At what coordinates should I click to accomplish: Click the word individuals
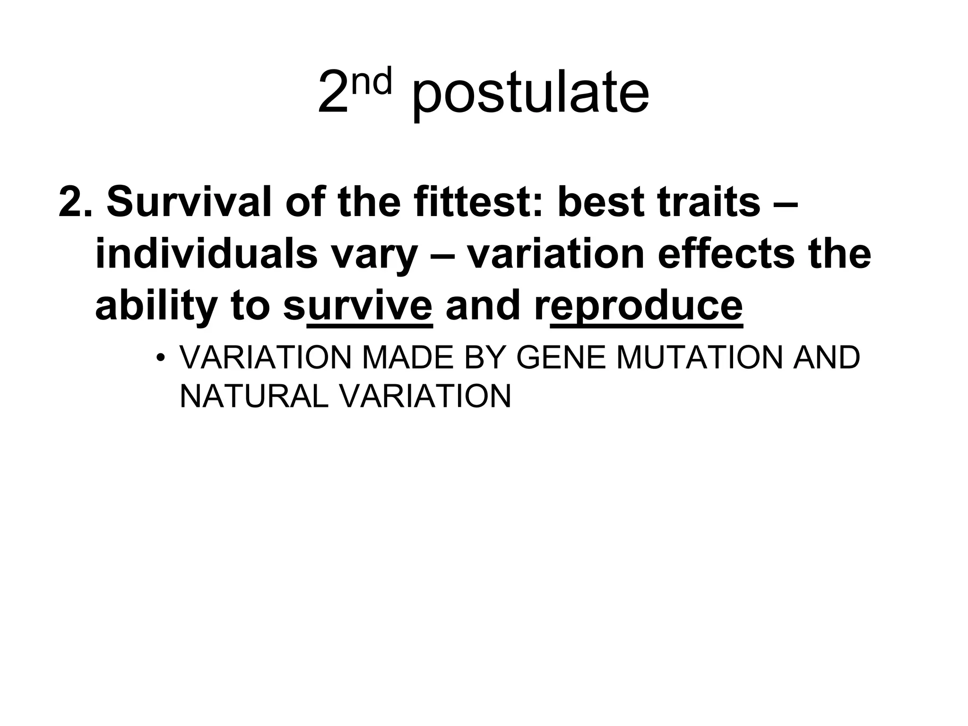206,254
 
